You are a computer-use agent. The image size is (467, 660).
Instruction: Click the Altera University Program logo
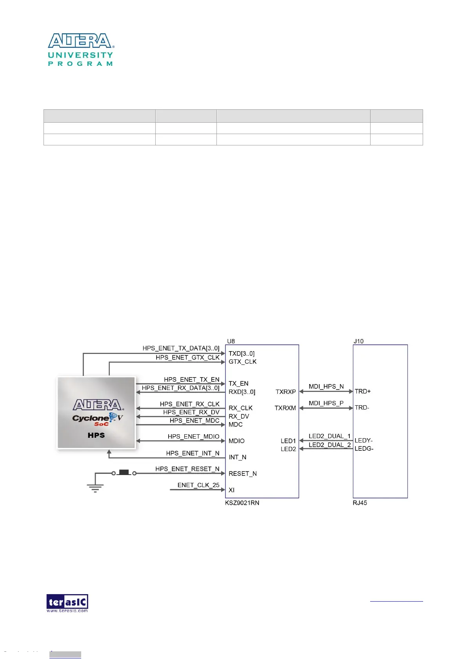click(x=81, y=49)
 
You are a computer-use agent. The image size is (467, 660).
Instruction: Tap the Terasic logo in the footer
click(x=67, y=603)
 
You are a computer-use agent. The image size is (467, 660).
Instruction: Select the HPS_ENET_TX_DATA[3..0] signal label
click(x=181, y=348)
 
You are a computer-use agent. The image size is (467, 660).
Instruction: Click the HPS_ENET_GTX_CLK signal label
click(x=187, y=357)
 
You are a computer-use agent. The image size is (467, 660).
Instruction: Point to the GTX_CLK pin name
click(x=242, y=361)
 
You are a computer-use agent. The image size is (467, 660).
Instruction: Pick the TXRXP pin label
click(x=285, y=392)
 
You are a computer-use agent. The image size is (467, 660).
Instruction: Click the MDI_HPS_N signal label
click(x=326, y=386)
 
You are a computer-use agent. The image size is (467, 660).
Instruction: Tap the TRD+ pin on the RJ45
click(x=363, y=391)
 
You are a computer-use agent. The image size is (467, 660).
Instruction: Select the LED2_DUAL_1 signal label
click(x=329, y=436)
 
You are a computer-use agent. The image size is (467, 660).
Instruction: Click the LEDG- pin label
click(x=364, y=448)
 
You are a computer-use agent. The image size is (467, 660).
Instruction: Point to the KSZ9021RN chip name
click(x=242, y=503)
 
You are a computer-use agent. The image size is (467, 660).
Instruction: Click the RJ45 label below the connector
click(x=360, y=503)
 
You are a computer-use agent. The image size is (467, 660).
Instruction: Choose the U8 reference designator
click(x=231, y=341)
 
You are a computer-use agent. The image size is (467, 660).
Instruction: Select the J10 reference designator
click(x=358, y=341)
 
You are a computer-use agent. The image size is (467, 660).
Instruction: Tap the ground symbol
click(x=95, y=488)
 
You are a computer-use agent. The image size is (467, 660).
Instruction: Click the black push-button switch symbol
click(x=124, y=472)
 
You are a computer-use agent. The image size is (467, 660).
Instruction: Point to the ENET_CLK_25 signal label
click(x=198, y=485)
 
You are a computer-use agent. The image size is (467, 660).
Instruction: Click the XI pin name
click(x=232, y=490)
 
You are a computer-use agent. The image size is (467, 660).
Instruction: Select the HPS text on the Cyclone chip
click(x=96, y=435)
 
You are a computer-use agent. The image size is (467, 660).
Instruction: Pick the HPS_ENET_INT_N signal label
click(x=193, y=453)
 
